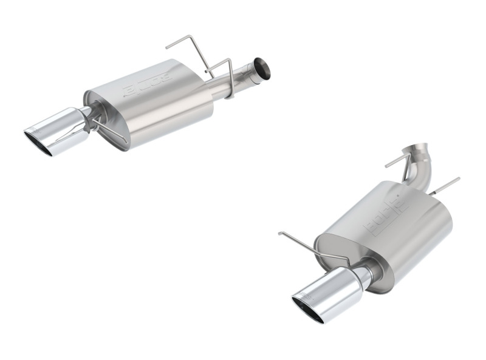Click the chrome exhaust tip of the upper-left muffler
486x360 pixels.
(x=58, y=131)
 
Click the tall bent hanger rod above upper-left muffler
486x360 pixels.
(x=188, y=49)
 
